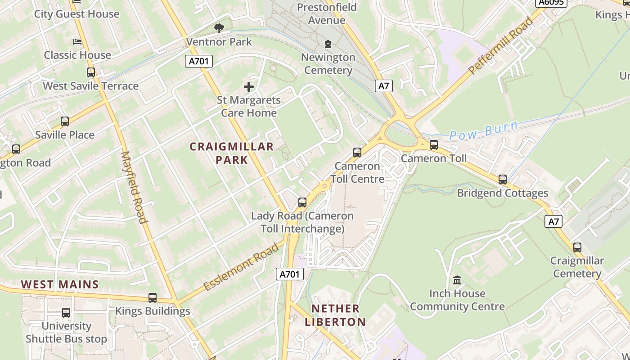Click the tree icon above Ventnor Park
click(219, 29)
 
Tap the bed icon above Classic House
click(77, 42)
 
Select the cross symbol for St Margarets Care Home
click(249, 87)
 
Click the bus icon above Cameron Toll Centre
click(357, 153)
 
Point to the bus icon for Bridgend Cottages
click(503, 180)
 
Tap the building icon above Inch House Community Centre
click(457, 280)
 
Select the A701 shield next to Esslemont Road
click(290, 274)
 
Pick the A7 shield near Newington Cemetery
click(383, 85)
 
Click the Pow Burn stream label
click(483, 130)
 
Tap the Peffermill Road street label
click(500, 45)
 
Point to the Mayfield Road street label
click(134, 187)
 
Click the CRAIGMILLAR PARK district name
click(232, 153)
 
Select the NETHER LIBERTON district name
click(335, 315)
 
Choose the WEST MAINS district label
click(60, 284)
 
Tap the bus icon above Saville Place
click(65, 121)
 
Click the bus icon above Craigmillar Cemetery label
click(577, 247)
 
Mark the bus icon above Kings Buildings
click(153, 298)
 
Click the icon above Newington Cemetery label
click(328, 44)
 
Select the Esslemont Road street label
click(241, 267)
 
